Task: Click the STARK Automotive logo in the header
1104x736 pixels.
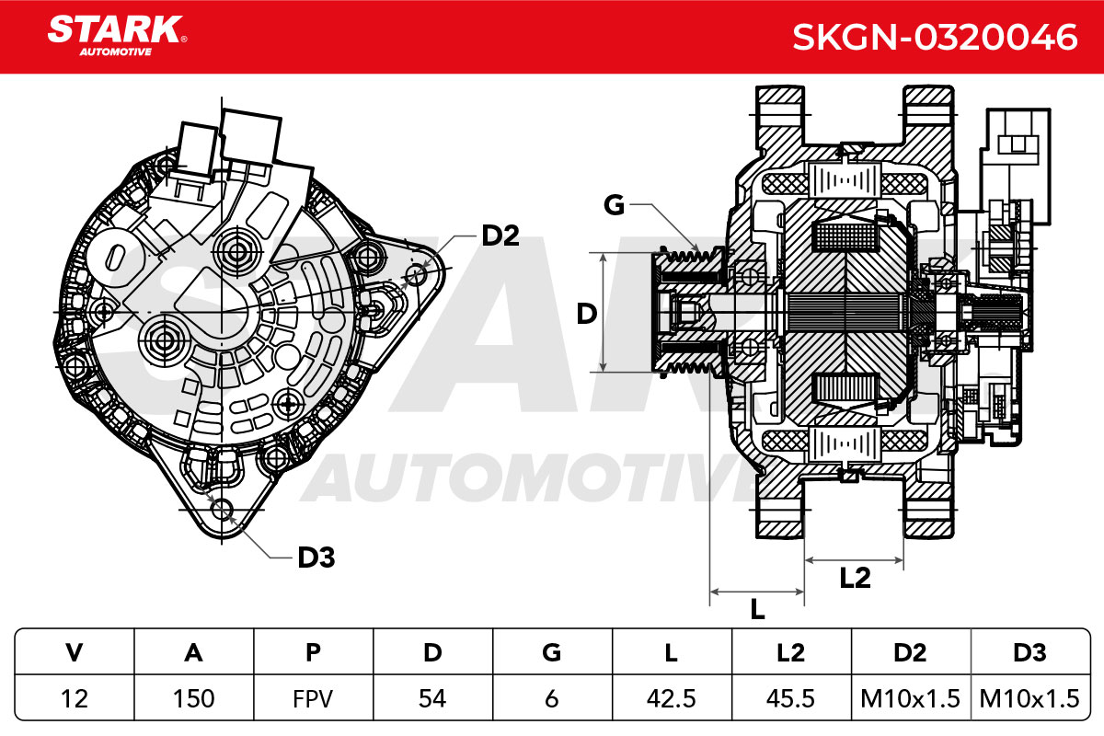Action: [117, 36]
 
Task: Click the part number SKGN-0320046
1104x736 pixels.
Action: [935, 37]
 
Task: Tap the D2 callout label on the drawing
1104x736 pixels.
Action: [500, 236]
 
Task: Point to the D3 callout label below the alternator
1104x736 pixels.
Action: [316, 558]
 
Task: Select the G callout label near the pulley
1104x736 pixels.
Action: [615, 204]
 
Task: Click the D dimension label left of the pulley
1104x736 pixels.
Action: [587, 314]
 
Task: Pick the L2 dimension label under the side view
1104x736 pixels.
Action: [855, 578]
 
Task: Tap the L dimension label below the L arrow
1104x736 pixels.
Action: [757, 610]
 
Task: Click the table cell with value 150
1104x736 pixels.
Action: [194, 698]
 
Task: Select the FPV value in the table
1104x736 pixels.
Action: [313, 698]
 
